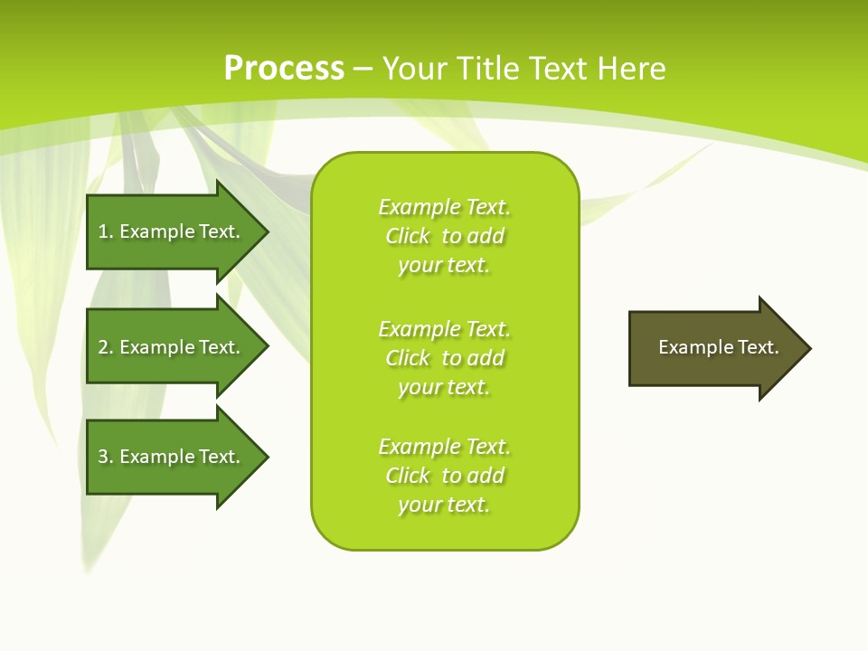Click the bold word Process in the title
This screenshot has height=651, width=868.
[284, 69]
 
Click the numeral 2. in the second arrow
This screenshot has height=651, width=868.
[106, 347]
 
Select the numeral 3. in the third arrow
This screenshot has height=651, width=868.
[106, 457]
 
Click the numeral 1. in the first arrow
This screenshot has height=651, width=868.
[106, 231]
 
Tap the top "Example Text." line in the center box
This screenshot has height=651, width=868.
[445, 207]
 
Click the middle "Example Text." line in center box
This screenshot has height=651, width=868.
[445, 328]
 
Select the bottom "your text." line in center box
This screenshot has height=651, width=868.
[444, 505]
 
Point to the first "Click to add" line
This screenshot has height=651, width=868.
[445, 236]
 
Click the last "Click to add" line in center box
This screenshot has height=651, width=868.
[445, 476]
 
